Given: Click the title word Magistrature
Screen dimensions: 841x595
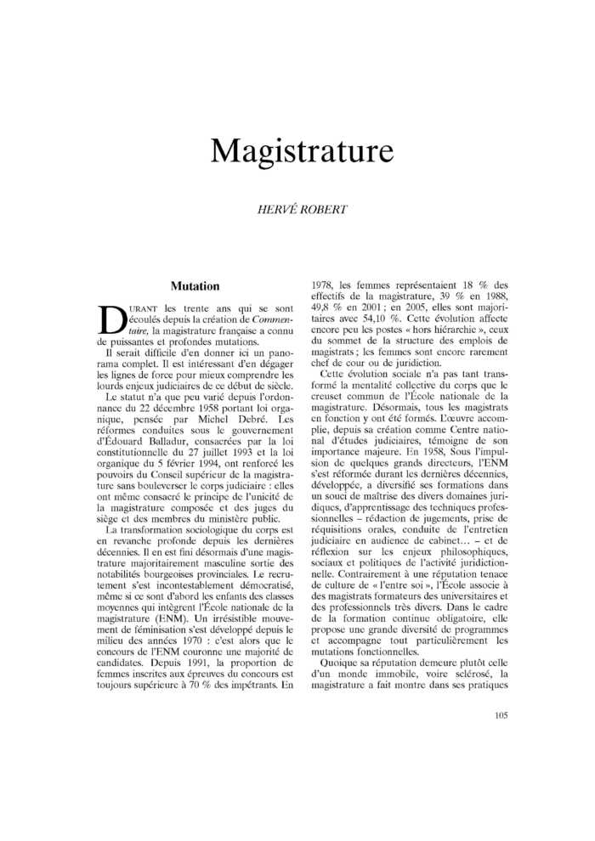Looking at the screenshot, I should (302, 150).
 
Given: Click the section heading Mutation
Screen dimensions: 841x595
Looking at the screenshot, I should (195, 286).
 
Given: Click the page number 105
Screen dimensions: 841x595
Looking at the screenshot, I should (500, 716).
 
